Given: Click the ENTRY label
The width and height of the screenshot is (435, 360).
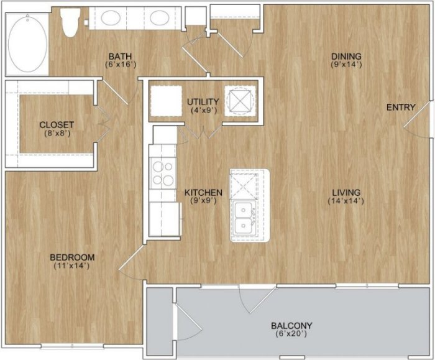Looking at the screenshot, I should coord(400,108).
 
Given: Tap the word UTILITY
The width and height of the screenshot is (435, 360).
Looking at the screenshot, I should coord(203,101).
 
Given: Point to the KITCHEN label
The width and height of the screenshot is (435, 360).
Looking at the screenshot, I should coord(203,193).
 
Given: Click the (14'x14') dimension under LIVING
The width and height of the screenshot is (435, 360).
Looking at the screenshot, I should coord(346,201).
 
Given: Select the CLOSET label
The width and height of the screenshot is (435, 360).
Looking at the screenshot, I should coord(57,124).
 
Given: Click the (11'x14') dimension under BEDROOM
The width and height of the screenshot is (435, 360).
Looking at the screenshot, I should coord(72,266).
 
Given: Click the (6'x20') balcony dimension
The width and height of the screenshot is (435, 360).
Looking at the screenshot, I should coord(291,335).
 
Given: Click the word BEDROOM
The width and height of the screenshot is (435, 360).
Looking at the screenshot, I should coord(72,257).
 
